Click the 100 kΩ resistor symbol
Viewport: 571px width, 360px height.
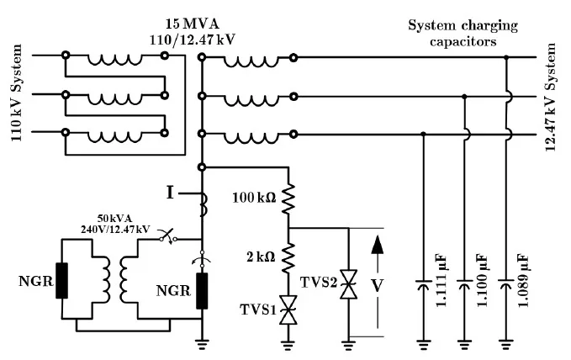click(x=288, y=199)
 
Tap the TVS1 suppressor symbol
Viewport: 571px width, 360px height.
click(x=288, y=310)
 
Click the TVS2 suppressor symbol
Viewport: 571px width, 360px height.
click(x=347, y=283)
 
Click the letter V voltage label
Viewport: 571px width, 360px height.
click(x=378, y=284)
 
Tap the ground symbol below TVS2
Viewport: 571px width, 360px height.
click(x=347, y=342)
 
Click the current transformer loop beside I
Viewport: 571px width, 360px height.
click(x=203, y=199)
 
